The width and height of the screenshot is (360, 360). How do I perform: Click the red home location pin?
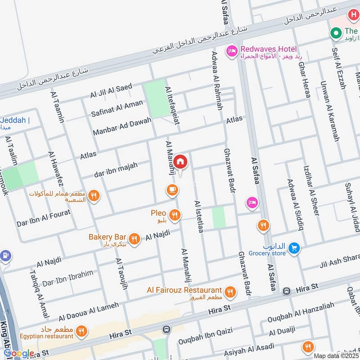180,162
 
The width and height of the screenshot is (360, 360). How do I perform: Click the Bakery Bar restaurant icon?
134,238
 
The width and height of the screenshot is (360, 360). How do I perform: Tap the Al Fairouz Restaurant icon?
230,292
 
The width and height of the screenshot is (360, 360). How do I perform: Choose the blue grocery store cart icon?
294,247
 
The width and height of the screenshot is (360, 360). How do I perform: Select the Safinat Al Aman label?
117,108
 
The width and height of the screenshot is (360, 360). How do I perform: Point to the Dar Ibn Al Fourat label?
43,217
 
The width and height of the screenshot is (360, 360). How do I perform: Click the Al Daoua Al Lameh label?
89,311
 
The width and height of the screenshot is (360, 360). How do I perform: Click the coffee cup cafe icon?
171,190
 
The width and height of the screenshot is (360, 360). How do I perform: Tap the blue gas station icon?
5,256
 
